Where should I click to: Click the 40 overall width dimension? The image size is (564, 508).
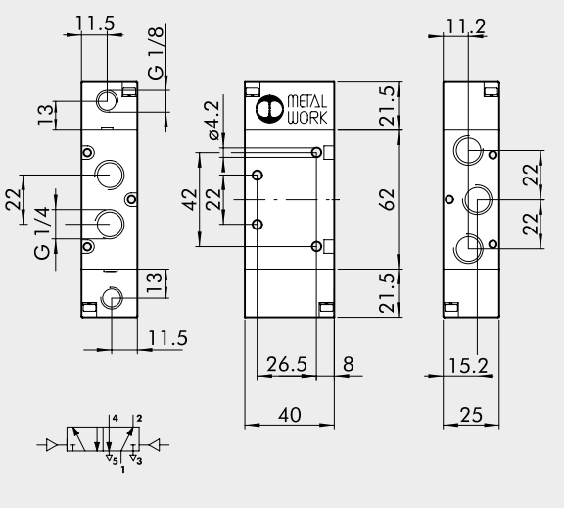click(x=290, y=416)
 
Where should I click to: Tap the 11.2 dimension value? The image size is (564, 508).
click(x=466, y=25)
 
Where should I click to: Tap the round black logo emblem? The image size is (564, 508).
click(x=267, y=109)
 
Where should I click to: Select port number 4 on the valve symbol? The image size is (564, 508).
click(x=115, y=420)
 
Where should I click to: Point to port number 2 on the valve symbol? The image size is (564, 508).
click(x=139, y=420)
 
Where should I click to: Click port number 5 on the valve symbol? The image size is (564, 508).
click(x=115, y=460)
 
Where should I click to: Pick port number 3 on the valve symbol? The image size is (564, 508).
click(x=139, y=460)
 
